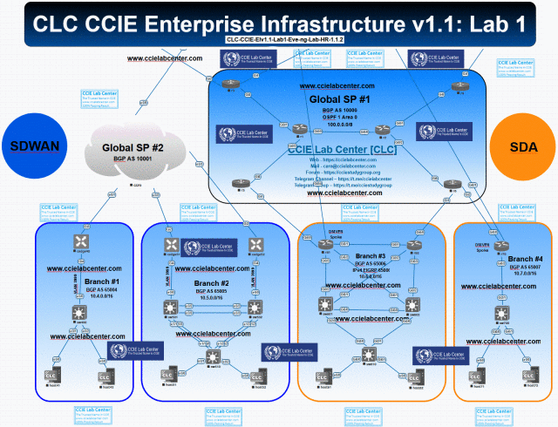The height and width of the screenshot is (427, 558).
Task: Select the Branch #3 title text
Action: click(370, 256)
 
